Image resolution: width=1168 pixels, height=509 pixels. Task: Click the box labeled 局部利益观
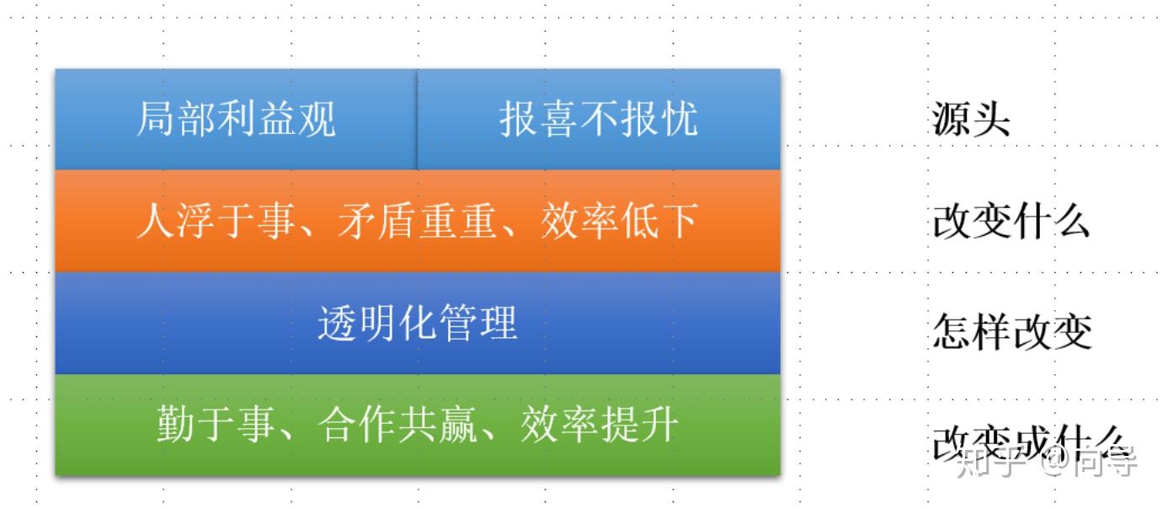[236, 119]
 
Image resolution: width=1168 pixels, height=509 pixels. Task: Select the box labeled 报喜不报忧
[599, 119]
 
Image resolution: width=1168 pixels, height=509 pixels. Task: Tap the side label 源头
[970, 120]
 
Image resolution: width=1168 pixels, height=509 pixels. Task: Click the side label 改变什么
[1011, 222]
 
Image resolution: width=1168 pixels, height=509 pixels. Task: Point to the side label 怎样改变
[1011, 330]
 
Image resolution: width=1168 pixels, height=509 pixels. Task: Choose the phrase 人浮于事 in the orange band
[216, 222]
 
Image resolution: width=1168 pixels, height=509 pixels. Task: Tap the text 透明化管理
[417, 323]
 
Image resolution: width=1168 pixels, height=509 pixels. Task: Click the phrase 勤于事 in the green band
[216, 424]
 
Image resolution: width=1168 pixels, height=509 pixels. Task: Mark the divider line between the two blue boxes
[417, 119]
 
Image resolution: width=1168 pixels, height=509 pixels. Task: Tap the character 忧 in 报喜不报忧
[680, 119]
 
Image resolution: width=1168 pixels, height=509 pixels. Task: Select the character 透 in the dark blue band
[337, 323]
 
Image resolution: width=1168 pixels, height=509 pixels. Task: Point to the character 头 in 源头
[990, 120]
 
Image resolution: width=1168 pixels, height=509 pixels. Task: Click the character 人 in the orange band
[155, 222]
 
